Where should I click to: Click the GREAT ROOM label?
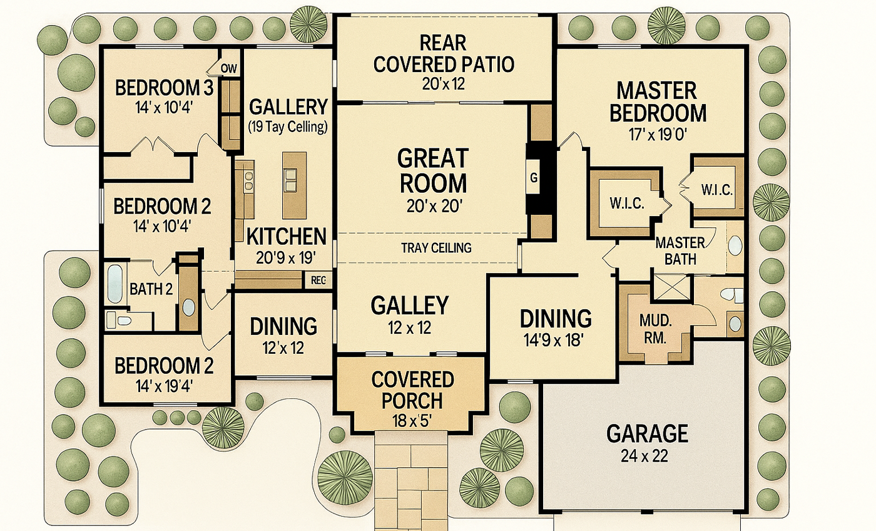(x=433, y=170)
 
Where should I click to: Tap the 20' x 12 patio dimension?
(x=444, y=84)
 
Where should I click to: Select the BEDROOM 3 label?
(x=164, y=88)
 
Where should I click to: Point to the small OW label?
(x=229, y=68)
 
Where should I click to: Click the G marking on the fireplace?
(x=534, y=178)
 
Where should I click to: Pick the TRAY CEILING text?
(x=437, y=248)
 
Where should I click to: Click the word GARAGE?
(x=647, y=433)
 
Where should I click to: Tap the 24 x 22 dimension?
(x=644, y=456)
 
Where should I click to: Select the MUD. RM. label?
(x=656, y=329)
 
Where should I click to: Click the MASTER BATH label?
(x=680, y=251)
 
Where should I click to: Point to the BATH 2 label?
(x=151, y=289)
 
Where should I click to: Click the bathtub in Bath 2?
(x=115, y=284)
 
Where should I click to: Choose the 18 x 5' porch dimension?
(x=412, y=421)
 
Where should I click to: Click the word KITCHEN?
(x=287, y=236)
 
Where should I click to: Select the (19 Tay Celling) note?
(x=288, y=126)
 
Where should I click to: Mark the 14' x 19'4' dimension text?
(x=164, y=386)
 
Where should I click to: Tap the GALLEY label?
(x=409, y=306)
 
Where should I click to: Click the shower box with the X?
(x=671, y=287)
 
